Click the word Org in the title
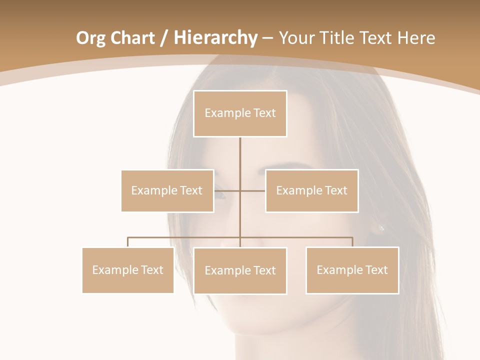(x=90, y=38)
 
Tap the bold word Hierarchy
(x=215, y=38)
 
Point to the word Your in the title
(x=296, y=38)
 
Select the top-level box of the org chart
(x=240, y=113)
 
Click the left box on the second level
(x=167, y=190)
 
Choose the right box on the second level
(x=311, y=190)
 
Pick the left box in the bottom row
(x=128, y=270)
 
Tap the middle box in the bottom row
(x=240, y=270)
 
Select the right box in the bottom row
(x=352, y=270)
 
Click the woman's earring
(x=381, y=228)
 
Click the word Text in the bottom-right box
(x=376, y=270)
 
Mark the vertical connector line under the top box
(x=240, y=160)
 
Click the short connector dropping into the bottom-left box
(x=128, y=242)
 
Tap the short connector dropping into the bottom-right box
(x=352, y=242)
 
